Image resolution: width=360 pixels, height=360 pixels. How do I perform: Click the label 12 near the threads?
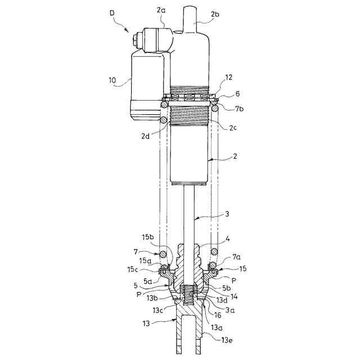tap(221, 78)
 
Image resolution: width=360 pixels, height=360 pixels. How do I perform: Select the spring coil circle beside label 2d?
tap(164, 119)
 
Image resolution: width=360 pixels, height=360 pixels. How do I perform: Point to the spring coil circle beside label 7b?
tap(215, 107)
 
